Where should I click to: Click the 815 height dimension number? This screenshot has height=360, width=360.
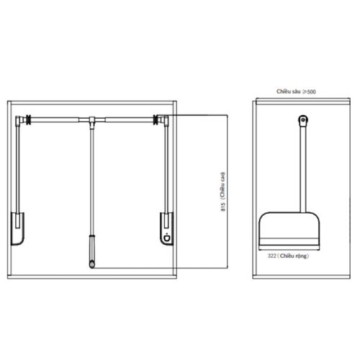[x=223, y=207]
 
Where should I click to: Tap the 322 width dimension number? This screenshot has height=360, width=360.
[x=272, y=256]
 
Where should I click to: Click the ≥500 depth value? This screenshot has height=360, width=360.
[x=309, y=91]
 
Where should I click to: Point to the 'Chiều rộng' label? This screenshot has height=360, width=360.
[x=293, y=256]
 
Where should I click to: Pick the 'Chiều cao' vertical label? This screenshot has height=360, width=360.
[x=223, y=185]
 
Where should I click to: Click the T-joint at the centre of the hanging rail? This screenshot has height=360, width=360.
[x=92, y=121]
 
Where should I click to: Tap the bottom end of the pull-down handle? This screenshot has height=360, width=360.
[x=92, y=267]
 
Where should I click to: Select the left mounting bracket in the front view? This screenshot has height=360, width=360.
[x=18, y=228]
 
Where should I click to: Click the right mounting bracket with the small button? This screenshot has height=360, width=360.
[x=166, y=228]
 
